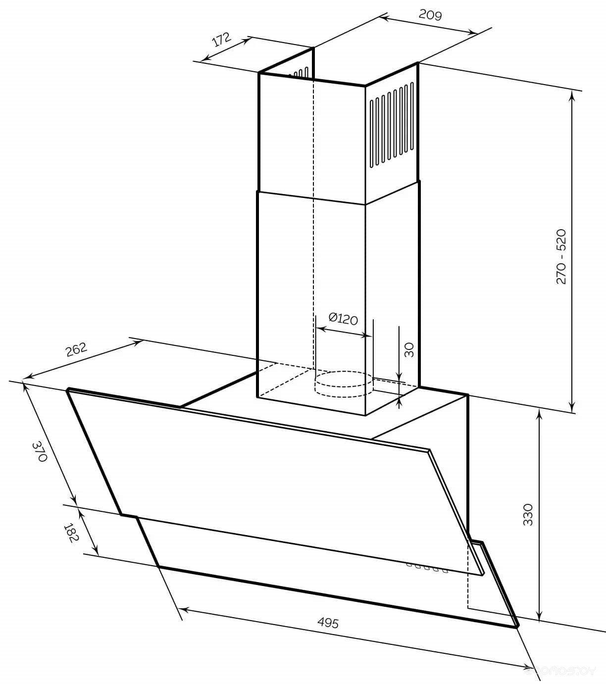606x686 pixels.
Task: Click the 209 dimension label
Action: click(430, 14)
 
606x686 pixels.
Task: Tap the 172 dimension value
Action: click(222, 40)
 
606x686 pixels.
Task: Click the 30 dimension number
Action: click(409, 350)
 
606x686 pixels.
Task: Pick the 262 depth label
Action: click(76, 349)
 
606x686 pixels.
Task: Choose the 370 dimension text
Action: click(40, 451)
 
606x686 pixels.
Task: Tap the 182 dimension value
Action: click(72, 533)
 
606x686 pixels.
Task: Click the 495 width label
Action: click(328, 623)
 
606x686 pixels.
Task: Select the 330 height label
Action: click(528, 514)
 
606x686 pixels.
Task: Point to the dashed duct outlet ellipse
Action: click(344, 384)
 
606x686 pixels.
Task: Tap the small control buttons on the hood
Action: click(427, 568)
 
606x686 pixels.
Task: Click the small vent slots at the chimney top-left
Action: click(302, 73)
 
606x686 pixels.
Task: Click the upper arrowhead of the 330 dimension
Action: click(540, 414)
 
